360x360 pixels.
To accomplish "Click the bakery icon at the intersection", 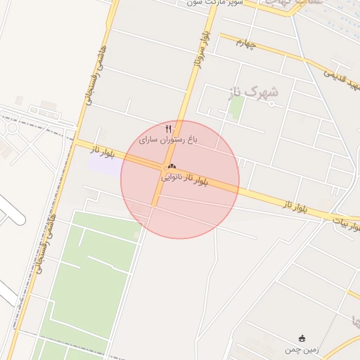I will [x=171, y=166].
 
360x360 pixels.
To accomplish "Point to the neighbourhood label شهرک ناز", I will [x=254, y=92].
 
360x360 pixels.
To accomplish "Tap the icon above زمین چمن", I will [x=302, y=338].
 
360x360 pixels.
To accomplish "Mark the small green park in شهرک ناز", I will [x=237, y=106].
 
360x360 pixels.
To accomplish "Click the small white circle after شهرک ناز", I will [x=271, y=104].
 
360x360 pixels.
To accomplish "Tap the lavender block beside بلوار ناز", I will [x=104, y=161].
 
